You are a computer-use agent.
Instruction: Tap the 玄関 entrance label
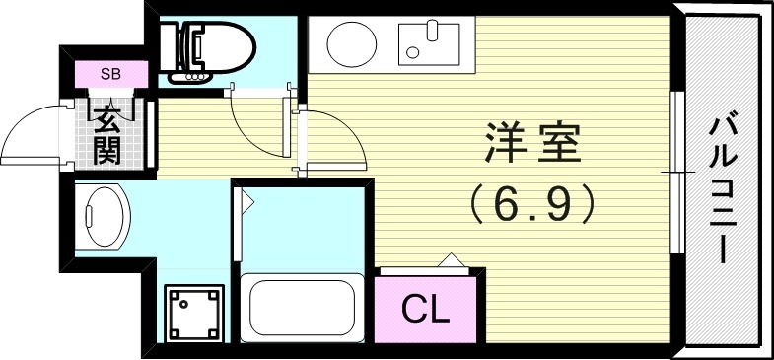tap(108, 132)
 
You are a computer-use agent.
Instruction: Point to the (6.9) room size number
tap(532, 203)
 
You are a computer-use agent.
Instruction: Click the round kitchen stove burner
tap(350, 43)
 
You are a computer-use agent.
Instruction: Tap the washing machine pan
tap(193, 314)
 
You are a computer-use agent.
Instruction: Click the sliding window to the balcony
tap(678, 173)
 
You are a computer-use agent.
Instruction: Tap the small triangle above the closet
tap(451, 260)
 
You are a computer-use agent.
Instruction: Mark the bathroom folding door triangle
tap(246, 201)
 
